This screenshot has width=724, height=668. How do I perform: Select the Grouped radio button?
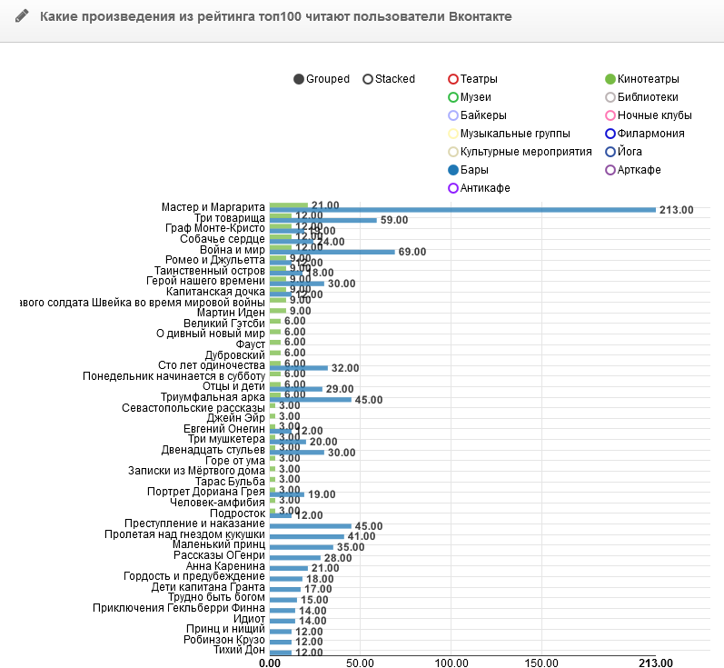299,79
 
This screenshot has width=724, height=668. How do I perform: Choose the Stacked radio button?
368,79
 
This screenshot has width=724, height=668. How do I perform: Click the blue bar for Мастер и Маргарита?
462,210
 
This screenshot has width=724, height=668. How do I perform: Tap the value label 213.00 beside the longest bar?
677,210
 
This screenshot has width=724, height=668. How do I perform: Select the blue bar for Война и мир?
332,252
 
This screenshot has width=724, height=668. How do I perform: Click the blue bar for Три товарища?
323,220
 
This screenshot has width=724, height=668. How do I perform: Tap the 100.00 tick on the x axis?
451,662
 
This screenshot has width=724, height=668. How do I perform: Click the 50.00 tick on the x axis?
360,662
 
